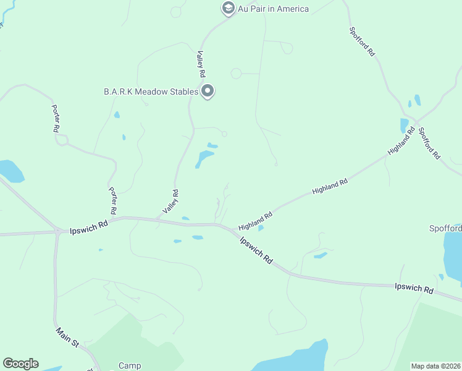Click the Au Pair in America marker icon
click(228, 9)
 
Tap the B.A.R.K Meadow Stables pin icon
click(208, 92)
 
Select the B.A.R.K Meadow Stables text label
click(151, 92)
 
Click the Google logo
click(20, 364)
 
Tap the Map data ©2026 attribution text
click(436, 366)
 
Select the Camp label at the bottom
click(130, 365)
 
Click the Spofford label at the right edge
click(445, 228)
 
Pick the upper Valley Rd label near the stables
click(201, 64)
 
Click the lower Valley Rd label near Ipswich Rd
click(171, 202)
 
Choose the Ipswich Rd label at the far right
click(414, 289)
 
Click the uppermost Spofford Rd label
click(362, 42)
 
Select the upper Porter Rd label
click(56, 118)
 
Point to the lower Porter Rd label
click(112, 200)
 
